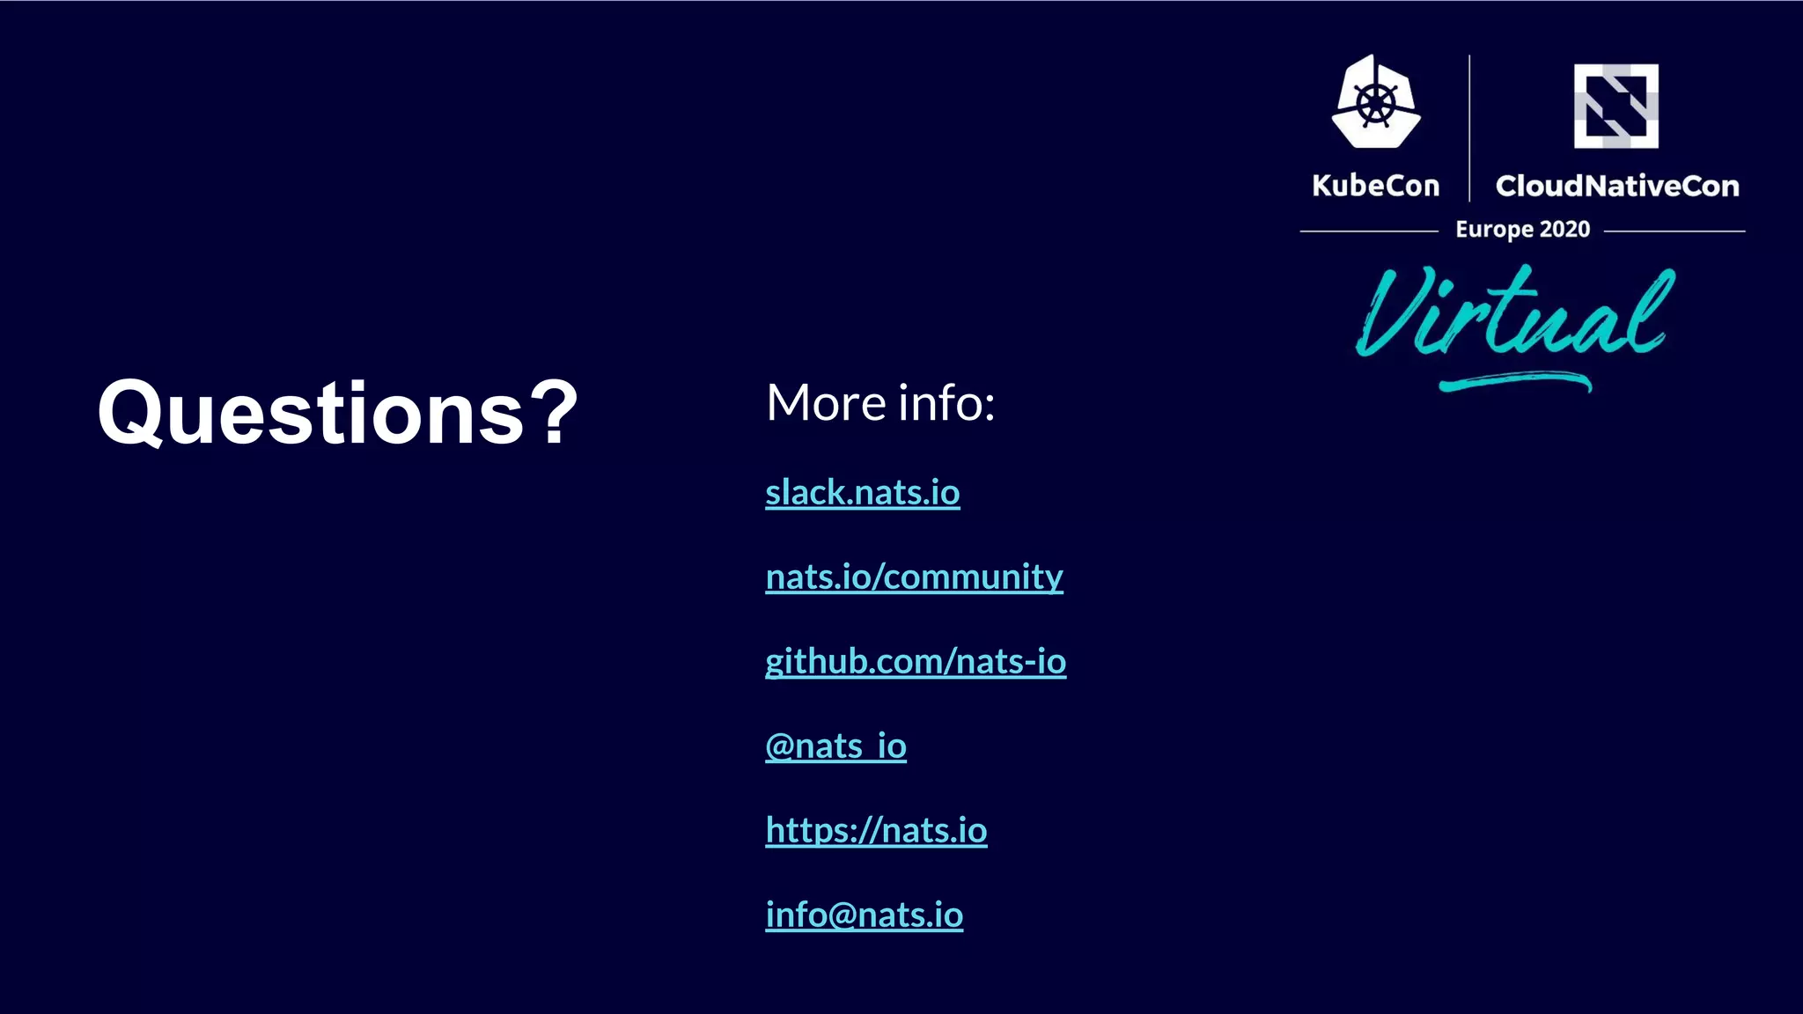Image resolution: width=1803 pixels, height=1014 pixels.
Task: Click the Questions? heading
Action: point(337,412)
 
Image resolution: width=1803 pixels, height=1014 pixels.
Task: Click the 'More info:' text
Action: point(880,403)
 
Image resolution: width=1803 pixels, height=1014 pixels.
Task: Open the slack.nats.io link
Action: point(862,492)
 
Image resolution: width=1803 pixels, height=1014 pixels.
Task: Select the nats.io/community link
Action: point(914,577)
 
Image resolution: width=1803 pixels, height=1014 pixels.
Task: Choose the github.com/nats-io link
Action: point(916,661)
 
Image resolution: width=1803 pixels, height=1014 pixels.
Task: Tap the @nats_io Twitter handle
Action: point(835,746)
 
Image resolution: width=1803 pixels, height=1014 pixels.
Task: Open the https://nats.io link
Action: point(876,830)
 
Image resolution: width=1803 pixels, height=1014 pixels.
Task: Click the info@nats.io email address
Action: point(864,915)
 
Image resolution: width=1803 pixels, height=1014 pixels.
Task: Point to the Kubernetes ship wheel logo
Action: point(1375,103)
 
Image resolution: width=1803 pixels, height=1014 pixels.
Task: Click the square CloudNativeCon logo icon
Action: point(1615,106)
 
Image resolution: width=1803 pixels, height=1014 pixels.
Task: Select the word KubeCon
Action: point(1375,186)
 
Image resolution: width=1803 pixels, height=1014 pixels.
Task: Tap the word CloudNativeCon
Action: point(1617,186)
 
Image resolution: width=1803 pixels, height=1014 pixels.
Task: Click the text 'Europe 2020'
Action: point(1522,230)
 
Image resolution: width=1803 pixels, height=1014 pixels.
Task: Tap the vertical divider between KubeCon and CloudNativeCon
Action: point(1469,128)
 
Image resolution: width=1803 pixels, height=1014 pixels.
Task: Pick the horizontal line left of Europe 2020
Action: point(1369,231)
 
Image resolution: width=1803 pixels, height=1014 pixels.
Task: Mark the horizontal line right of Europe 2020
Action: point(1674,231)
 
